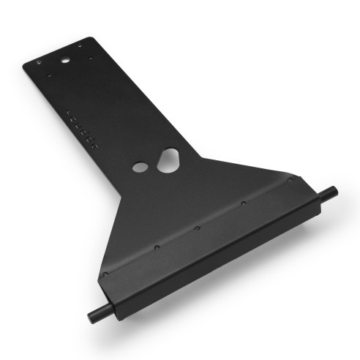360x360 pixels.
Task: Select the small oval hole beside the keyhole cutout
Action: (139, 168)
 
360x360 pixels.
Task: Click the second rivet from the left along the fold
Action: (156, 248)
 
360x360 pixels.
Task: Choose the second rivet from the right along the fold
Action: (242, 204)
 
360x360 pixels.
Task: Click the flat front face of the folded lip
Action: (220, 249)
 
